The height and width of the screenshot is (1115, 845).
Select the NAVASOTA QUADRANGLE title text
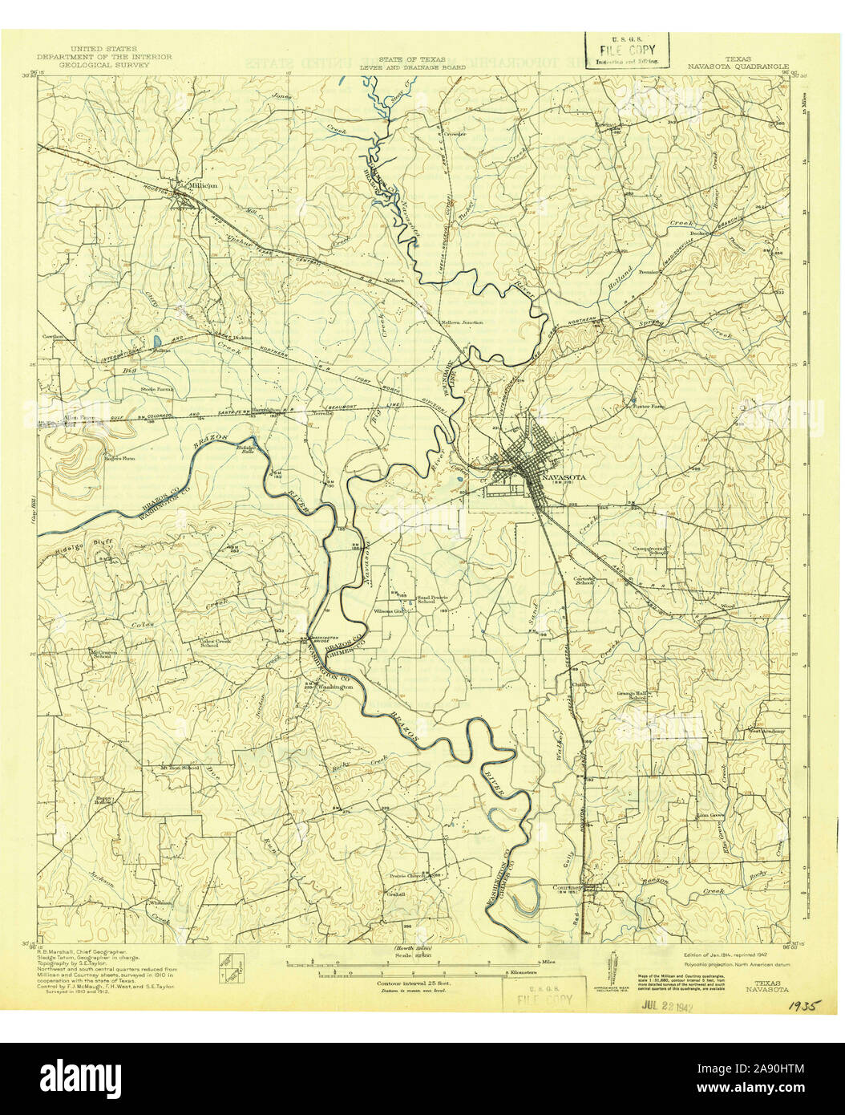(738, 67)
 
